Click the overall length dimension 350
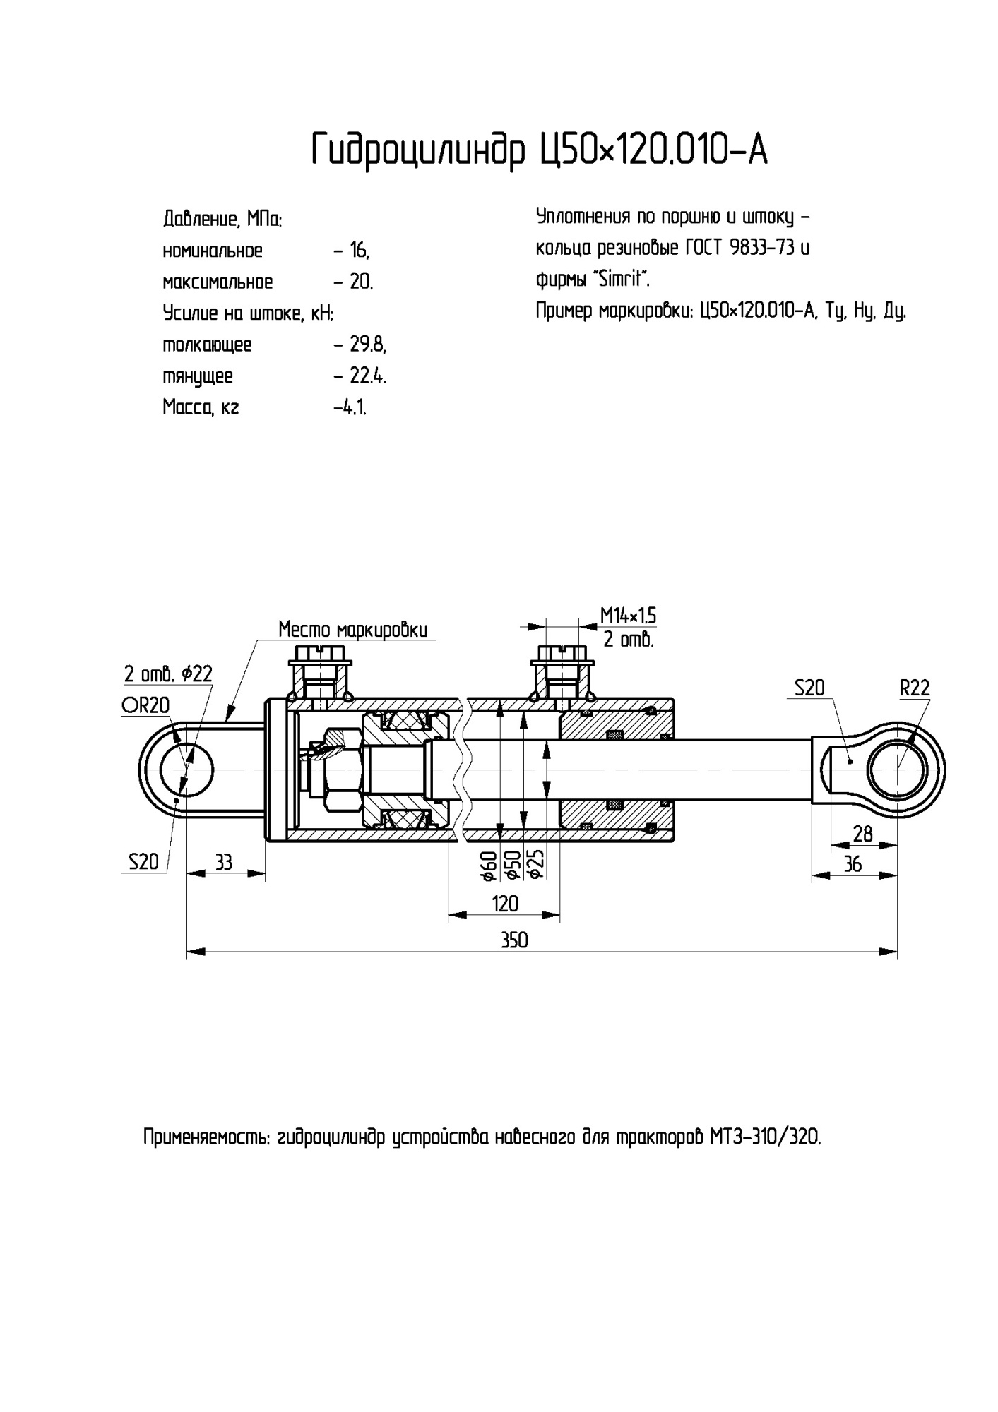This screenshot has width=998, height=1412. pos(514,940)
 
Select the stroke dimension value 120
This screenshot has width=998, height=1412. pos(504,904)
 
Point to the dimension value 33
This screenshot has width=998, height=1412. pos(223,862)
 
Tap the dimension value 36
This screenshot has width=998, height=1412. pos(853,863)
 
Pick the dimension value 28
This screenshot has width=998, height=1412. pos(862,834)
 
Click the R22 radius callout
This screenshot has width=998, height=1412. pos(915,688)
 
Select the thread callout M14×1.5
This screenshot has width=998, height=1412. pos(628,616)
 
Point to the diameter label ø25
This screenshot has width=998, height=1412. pos(535,864)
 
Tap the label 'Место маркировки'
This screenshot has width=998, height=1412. pos(352,629)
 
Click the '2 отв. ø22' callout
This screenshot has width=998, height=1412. pos(168,674)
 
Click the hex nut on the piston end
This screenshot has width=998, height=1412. pos(342,769)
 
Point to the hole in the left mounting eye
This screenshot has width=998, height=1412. pos(186,769)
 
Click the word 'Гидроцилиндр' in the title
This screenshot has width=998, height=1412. pos(420,150)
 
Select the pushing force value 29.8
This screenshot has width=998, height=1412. pos(368,345)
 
